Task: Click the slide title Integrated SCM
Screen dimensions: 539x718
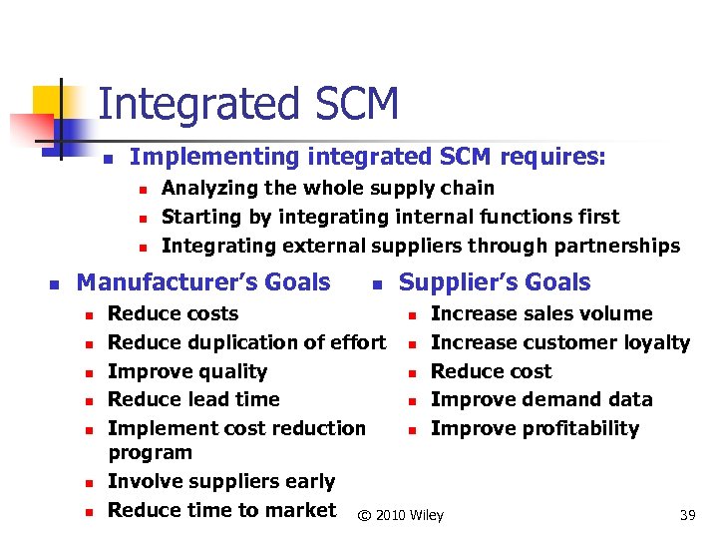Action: point(248,104)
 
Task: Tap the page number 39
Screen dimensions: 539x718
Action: point(687,515)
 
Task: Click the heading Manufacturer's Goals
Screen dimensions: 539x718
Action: point(203,282)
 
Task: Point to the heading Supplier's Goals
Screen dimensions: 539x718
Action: point(495,282)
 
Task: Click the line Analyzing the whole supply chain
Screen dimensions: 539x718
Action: point(327,188)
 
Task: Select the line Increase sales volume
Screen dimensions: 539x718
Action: point(541,313)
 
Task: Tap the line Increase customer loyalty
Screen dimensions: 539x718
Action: point(559,342)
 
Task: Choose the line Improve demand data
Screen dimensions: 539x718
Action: point(541,399)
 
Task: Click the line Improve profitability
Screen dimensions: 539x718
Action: point(535,428)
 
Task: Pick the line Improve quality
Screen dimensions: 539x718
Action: point(187,371)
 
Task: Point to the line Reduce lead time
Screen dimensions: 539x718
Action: point(193,399)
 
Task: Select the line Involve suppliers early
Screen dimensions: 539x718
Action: point(221,481)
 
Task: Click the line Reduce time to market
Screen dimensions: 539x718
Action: point(221,510)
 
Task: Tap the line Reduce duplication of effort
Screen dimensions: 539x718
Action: point(246,342)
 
